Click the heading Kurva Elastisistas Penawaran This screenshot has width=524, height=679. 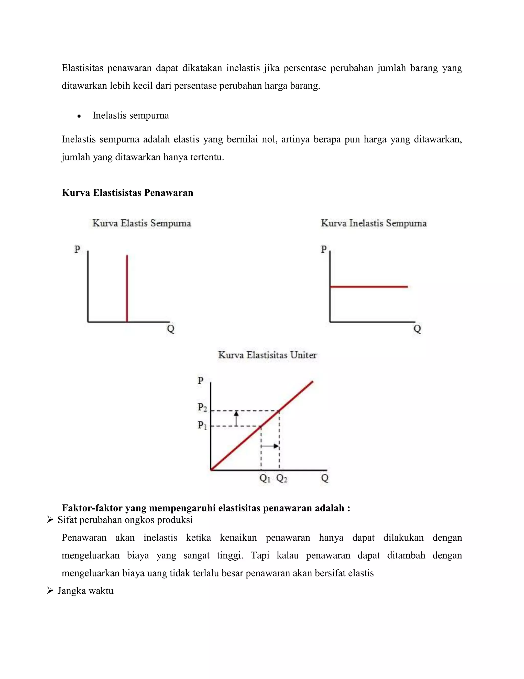(x=127, y=193)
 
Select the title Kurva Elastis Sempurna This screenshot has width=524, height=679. (x=141, y=223)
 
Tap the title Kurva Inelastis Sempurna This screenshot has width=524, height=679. (x=374, y=223)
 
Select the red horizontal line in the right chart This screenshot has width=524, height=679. (x=369, y=287)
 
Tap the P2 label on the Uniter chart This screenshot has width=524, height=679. (x=202, y=407)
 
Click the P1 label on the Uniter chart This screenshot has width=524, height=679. (x=202, y=425)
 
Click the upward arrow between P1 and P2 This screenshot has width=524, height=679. (x=236, y=418)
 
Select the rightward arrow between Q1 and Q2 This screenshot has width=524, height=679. (x=270, y=446)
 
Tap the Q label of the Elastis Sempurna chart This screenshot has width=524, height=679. (x=171, y=329)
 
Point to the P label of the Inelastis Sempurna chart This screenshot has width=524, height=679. (x=324, y=249)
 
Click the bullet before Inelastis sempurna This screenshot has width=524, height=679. (x=79, y=116)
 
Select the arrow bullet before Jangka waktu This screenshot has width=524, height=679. (x=50, y=591)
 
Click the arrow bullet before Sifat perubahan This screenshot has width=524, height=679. (x=50, y=520)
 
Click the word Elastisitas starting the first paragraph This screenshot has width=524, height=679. (x=82, y=68)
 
